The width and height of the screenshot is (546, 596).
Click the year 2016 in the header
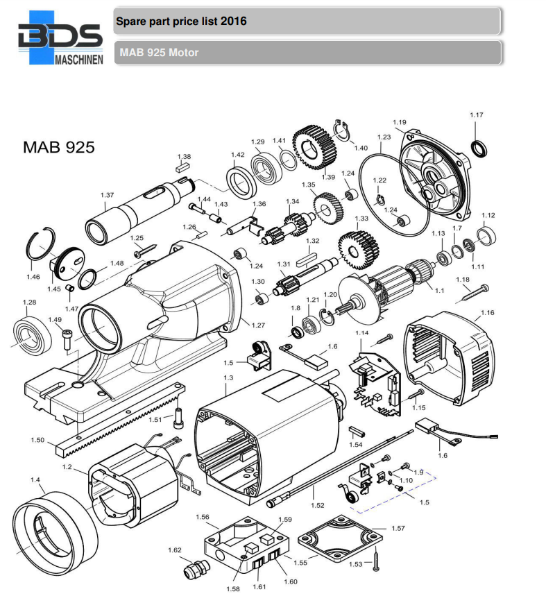[x=233, y=21]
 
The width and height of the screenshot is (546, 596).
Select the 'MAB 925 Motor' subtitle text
[x=159, y=53]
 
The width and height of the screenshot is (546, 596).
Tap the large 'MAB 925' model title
[x=58, y=148]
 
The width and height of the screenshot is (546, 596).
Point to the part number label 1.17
[x=476, y=115]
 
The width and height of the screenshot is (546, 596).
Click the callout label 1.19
[x=399, y=123]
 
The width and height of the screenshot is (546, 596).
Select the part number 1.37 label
[x=107, y=195]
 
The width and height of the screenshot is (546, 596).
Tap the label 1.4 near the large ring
[x=35, y=479]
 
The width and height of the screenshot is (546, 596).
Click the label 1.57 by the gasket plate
[x=398, y=528]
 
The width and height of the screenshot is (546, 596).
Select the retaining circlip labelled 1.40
[x=342, y=132]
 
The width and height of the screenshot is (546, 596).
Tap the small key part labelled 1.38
[x=184, y=167]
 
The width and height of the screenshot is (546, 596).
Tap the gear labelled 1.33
[x=357, y=246]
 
